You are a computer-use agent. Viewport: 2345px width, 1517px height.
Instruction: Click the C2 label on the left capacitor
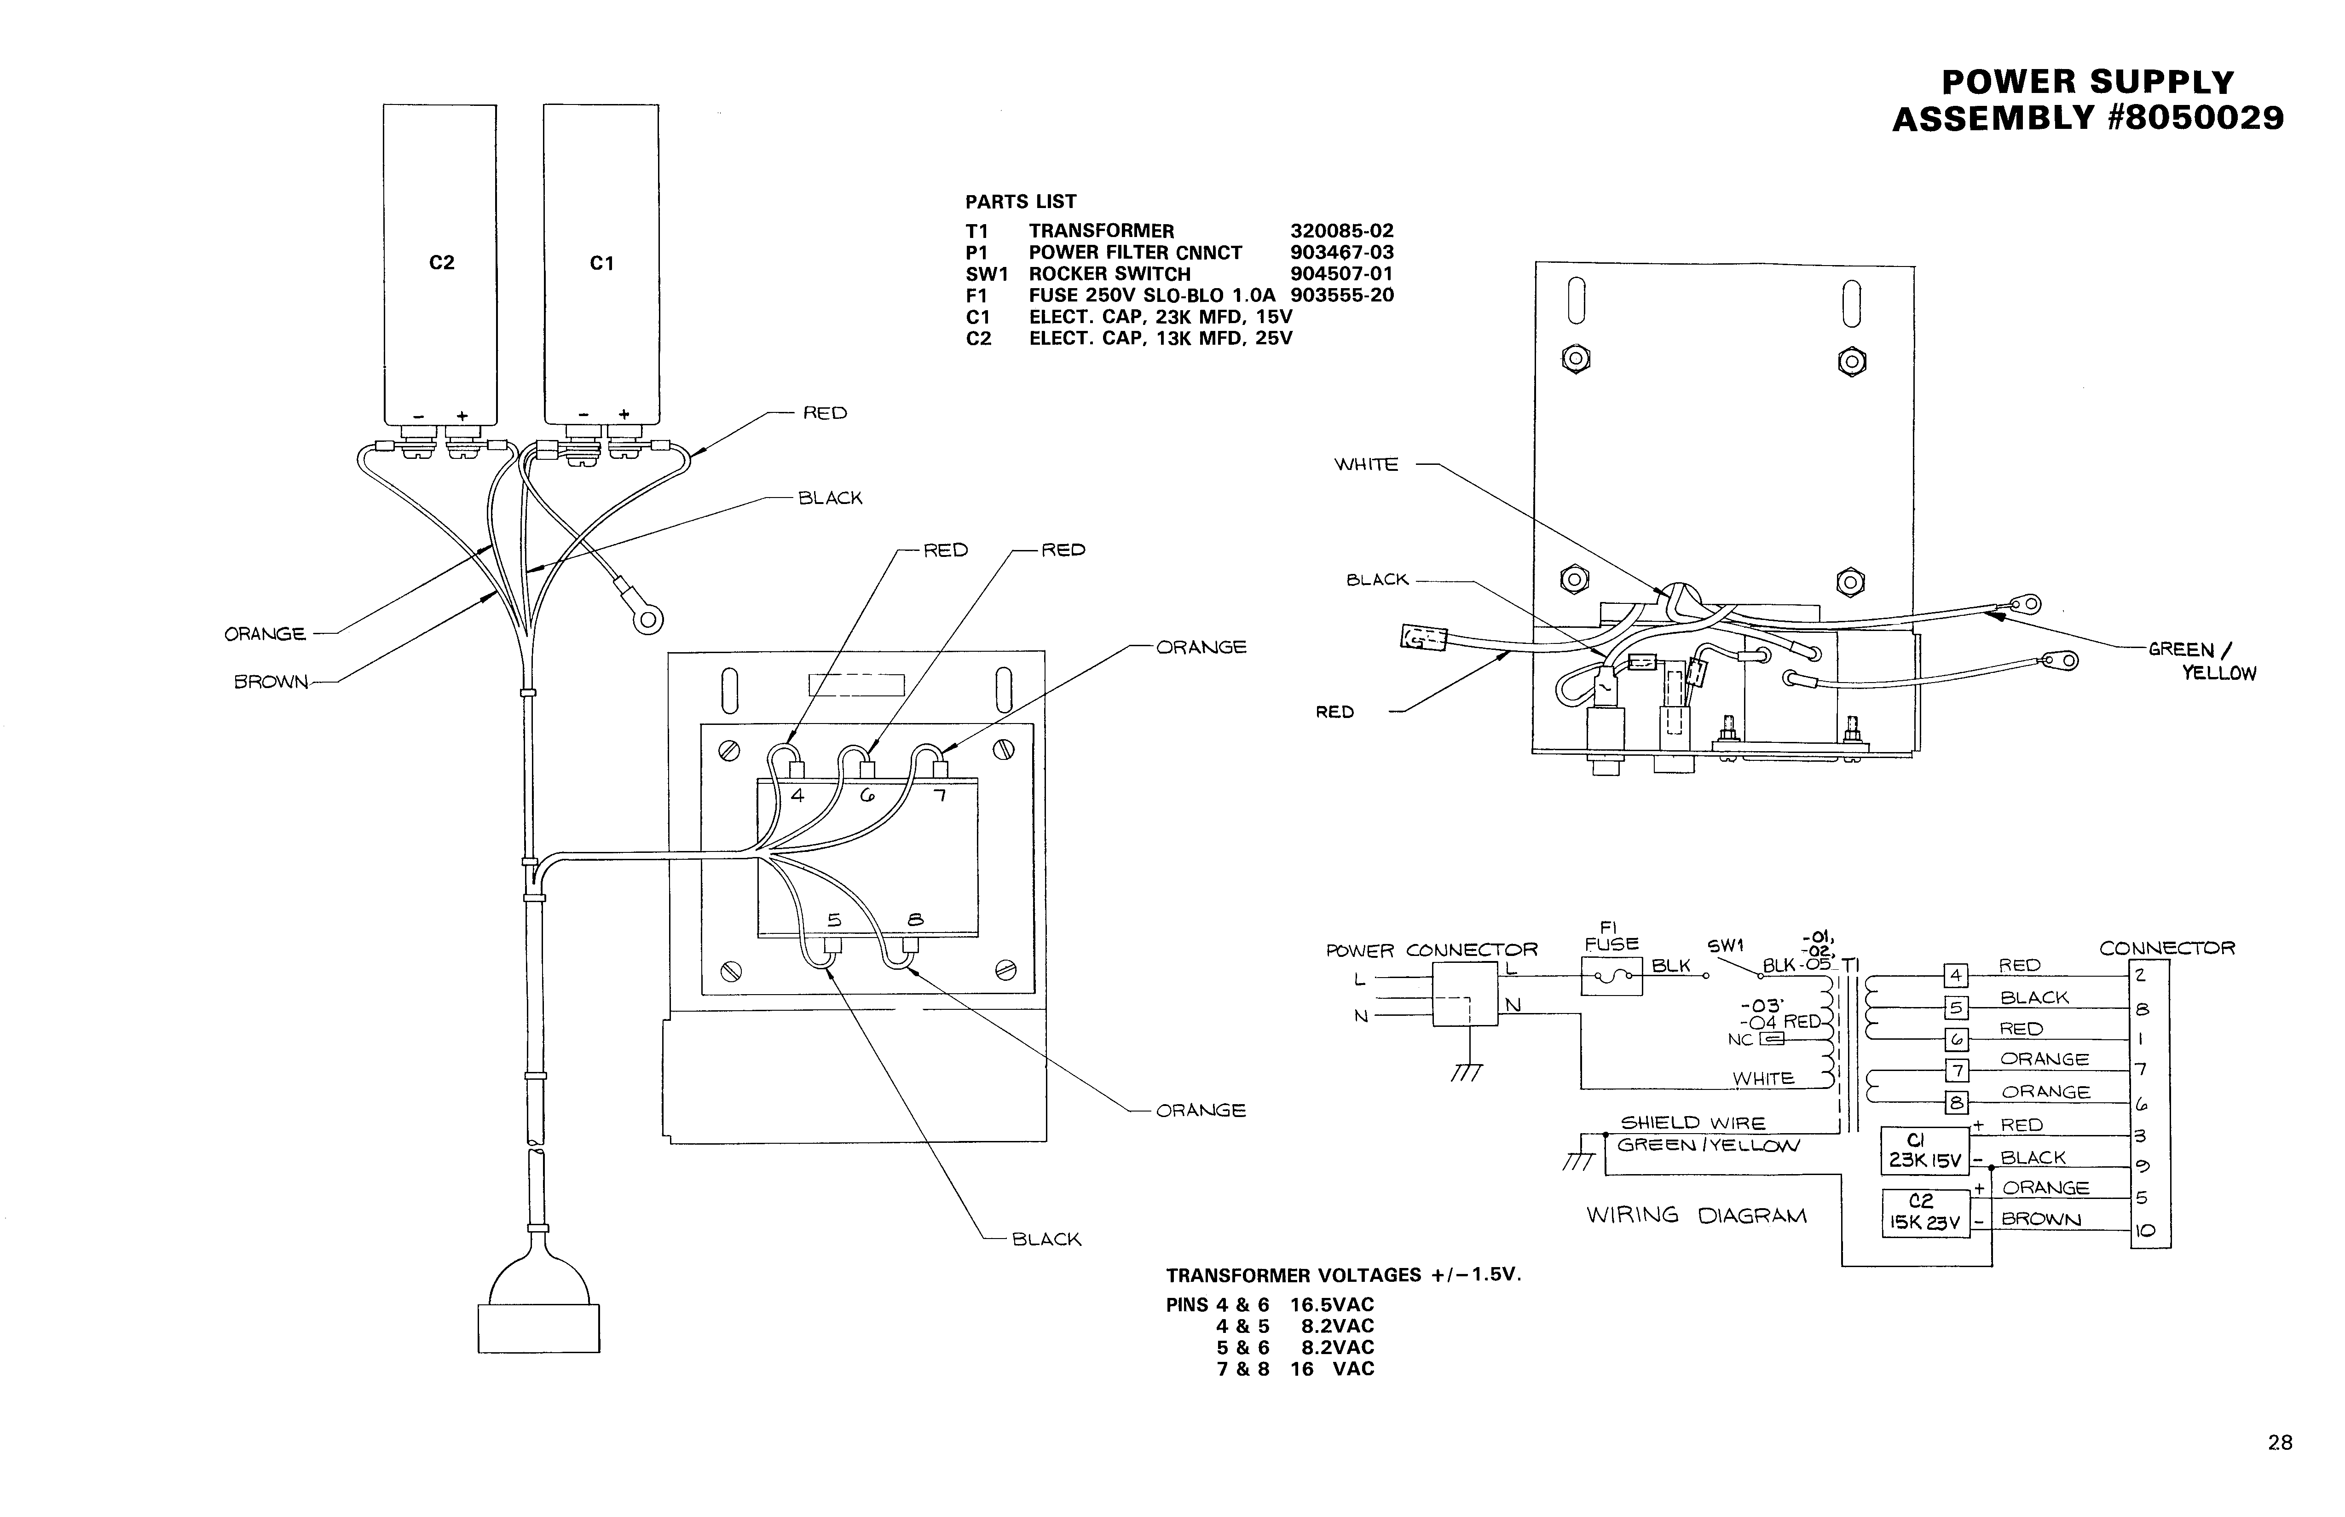point(441,262)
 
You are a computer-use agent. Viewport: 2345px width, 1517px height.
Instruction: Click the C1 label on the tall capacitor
point(601,263)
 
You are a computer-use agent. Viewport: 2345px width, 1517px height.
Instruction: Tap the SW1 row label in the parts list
point(987,274)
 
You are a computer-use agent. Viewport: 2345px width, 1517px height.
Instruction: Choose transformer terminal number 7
point(941,795)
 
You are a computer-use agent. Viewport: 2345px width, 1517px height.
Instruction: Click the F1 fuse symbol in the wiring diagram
point(1611,977)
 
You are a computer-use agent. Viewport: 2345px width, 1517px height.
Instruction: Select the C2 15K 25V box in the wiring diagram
point(1924,1213)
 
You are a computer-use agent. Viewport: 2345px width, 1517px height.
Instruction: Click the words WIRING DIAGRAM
point(1696,1216)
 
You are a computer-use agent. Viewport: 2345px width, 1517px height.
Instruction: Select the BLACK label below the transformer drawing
point(1046,1239)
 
